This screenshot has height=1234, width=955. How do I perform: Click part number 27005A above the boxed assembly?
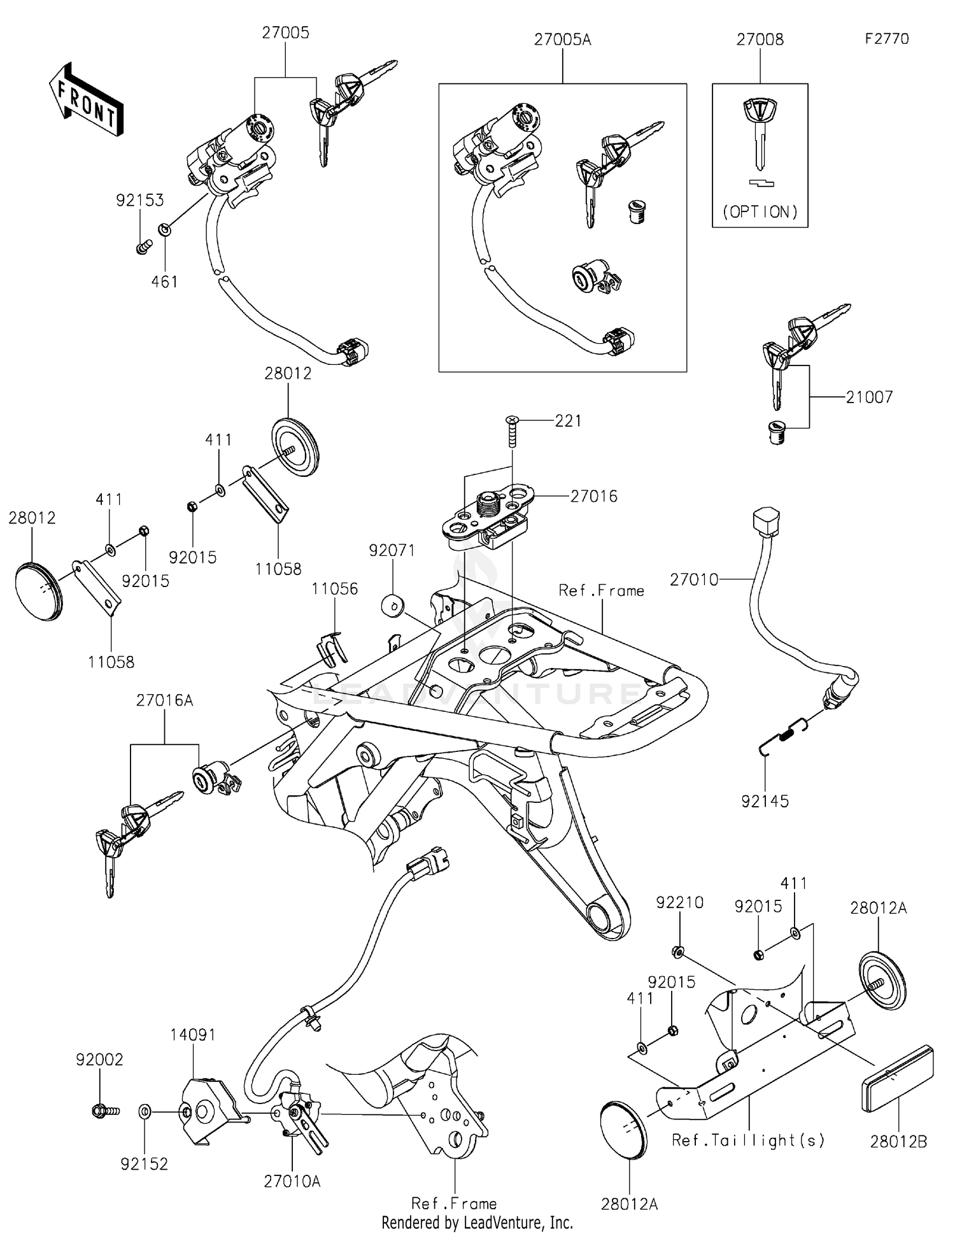click(x=562, y=39)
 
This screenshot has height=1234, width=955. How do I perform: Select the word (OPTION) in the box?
click(x=760, y=212)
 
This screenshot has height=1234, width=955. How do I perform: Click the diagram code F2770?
click(x=886, y=39)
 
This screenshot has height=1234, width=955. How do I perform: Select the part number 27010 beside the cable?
click(x=693, y=579)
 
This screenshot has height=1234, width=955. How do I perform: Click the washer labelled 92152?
click(x=145, y=1112)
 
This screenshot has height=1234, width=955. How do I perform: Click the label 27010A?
click(x=292, y=1181)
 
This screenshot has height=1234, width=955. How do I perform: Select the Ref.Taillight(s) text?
click(x=747, y=1140)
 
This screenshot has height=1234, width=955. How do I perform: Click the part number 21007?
click(x=869, y=397)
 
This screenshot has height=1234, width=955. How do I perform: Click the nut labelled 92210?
click(x=678, y=952)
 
